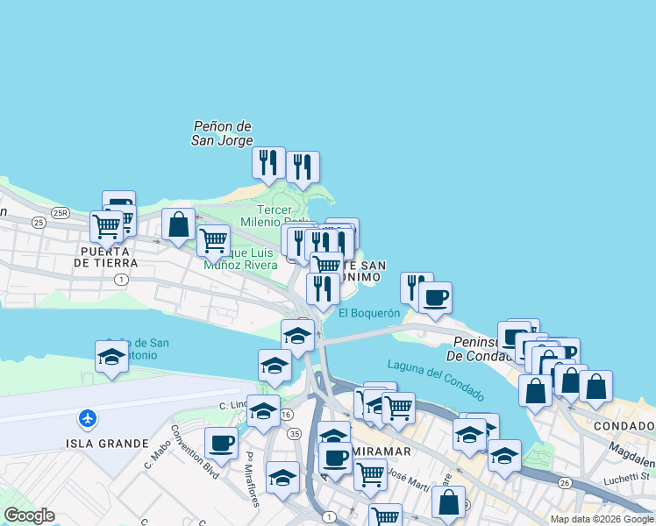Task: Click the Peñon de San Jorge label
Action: coord(223,133)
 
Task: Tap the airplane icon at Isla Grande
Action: coord(87,418)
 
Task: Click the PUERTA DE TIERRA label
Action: coord(106,255)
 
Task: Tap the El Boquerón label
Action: coord(369,313)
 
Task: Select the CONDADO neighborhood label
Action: coord(624,426)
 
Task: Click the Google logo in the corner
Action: coord(29,515)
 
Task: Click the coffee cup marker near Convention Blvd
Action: coord(221,443)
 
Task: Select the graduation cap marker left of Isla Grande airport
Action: coord(111,357)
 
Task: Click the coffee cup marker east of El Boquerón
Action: coord(434,298)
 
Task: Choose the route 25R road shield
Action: coord(60,212)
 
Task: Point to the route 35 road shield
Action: coord(294,433)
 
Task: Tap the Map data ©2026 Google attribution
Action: coord(602,519)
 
